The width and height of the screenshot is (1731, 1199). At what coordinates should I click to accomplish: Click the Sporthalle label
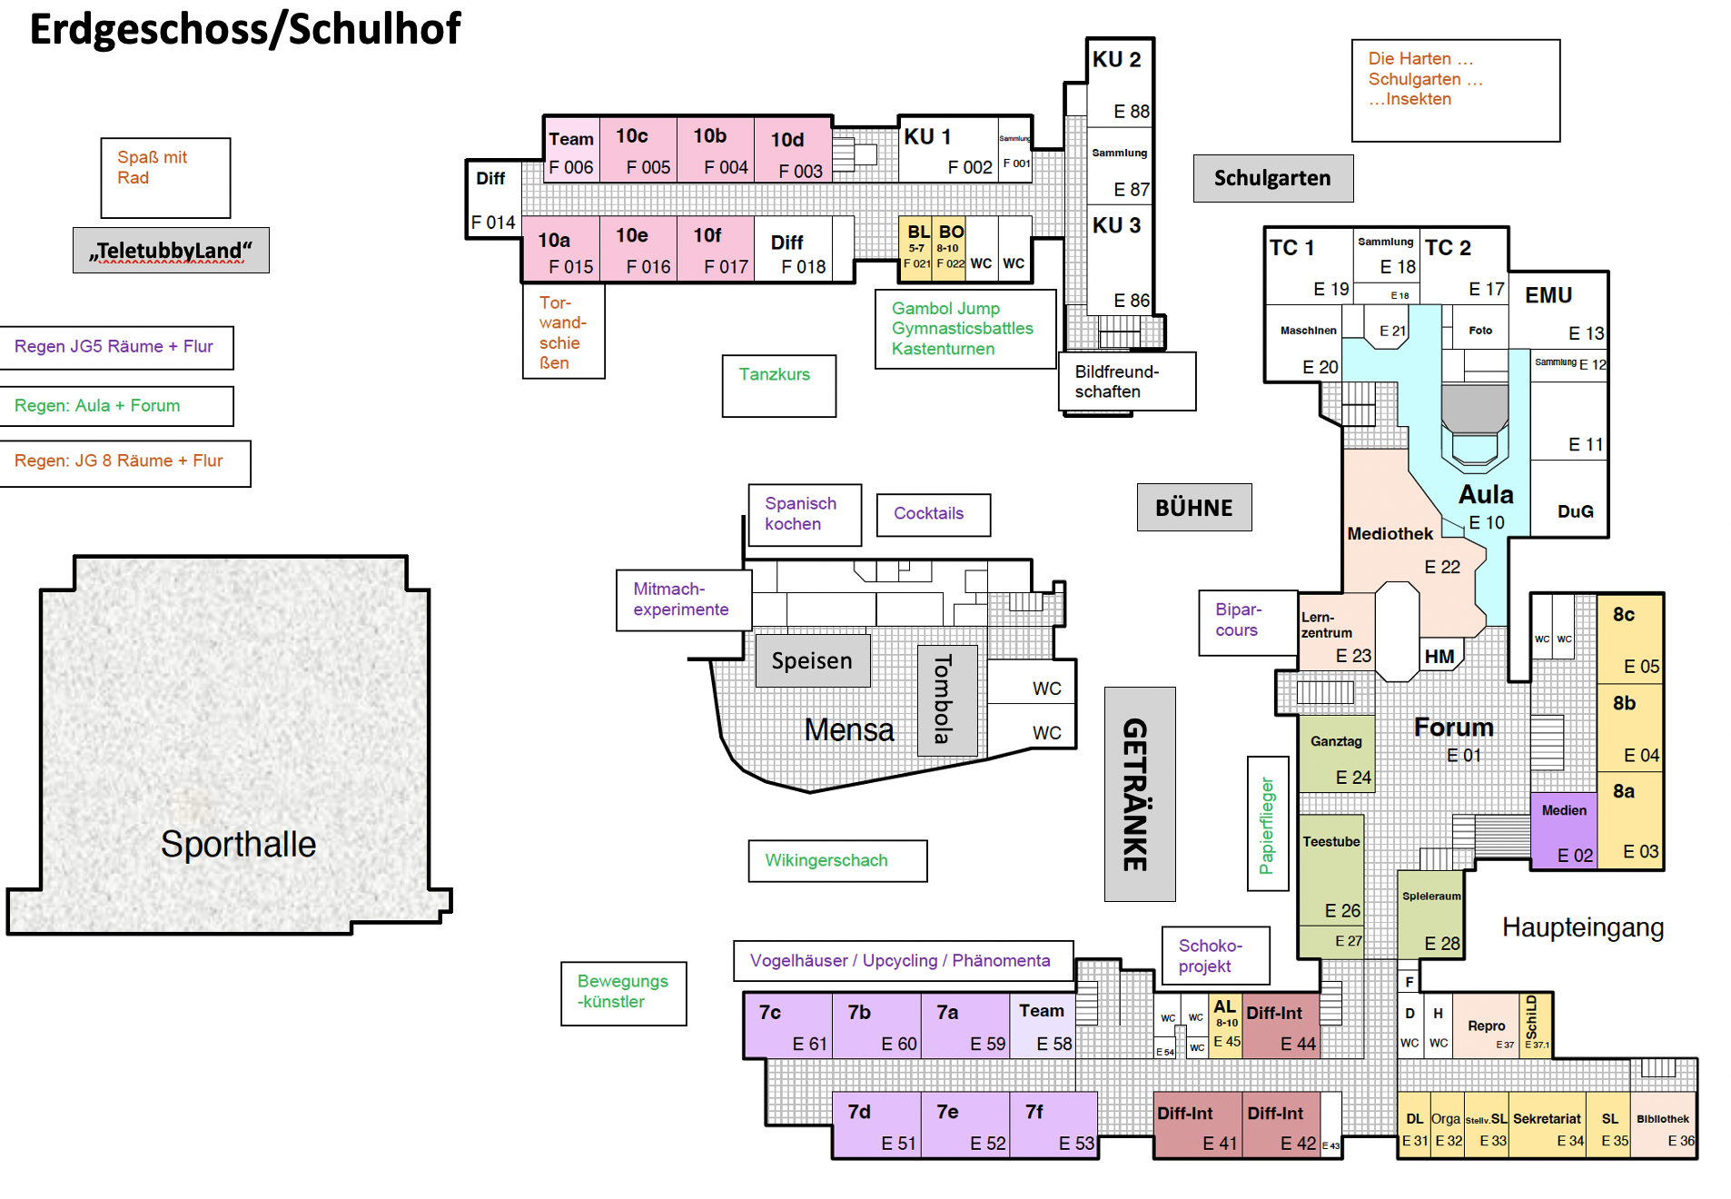pos(238,844)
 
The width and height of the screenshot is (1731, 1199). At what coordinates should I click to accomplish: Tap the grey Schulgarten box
pos(1272,178)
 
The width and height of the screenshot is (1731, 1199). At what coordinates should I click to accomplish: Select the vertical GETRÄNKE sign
pos(1139,794)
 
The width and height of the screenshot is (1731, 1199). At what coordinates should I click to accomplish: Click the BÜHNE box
pos(1194,507)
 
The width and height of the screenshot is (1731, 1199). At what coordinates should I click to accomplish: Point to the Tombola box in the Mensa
pos(946,699)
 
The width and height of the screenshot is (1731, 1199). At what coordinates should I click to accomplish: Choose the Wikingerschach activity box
pos(836,860)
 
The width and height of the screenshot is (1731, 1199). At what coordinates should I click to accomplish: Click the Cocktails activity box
pos(933,514)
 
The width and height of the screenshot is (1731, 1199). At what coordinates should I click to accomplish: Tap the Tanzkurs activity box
pos(778,385)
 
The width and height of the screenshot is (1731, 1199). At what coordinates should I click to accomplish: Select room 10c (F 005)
pos(638,150)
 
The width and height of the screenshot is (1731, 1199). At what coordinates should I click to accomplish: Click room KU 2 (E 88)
pos(1120,84)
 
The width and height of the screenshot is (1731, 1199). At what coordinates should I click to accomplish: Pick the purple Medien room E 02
pos(1564,832)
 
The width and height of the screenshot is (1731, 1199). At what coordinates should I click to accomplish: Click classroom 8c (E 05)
pos(1631,639)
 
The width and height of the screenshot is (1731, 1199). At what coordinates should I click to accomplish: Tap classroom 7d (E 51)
pos(877,1125)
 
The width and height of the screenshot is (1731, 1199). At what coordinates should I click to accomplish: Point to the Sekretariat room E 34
pos(1548,1128)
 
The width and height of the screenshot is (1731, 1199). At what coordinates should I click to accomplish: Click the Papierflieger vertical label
pos(1268,825)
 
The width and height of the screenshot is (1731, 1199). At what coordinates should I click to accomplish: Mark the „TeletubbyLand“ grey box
pos(171,250)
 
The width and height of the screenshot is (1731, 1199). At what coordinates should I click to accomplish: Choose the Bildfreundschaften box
pos(1127,381)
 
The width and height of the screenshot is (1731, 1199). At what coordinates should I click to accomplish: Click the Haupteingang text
pos(1582,927)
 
